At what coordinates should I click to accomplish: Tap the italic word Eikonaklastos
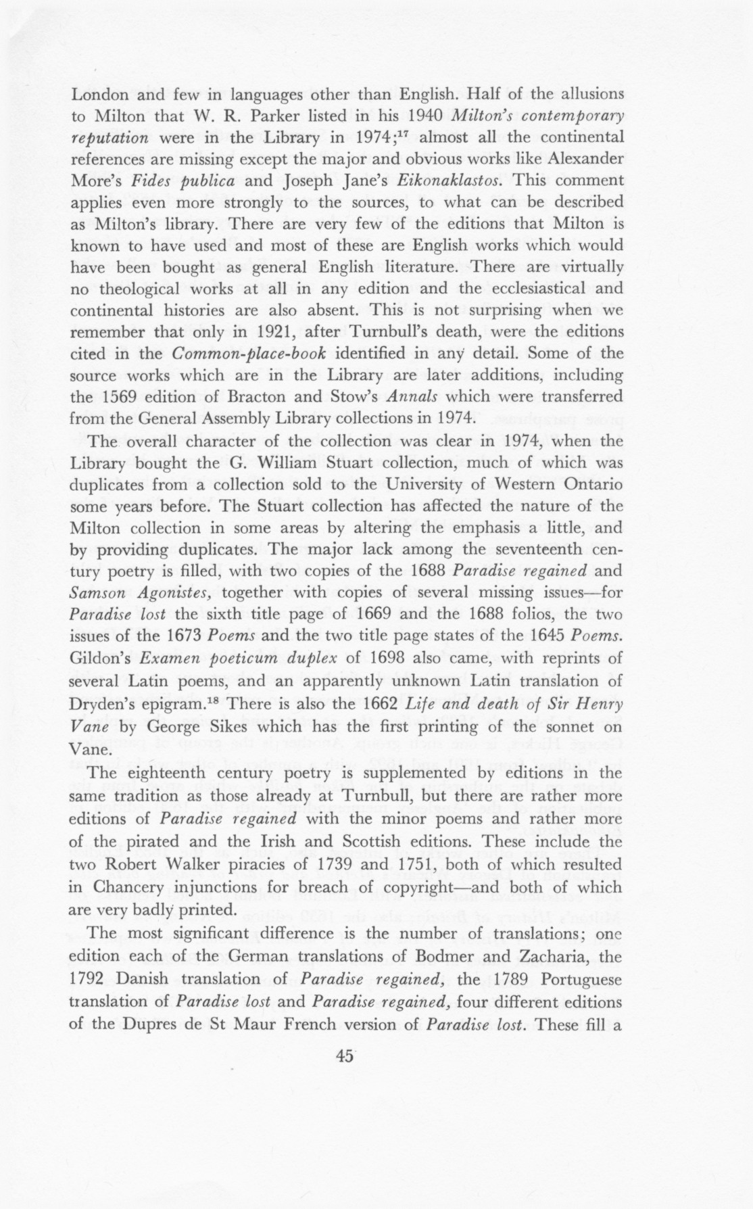coord(452,181)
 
